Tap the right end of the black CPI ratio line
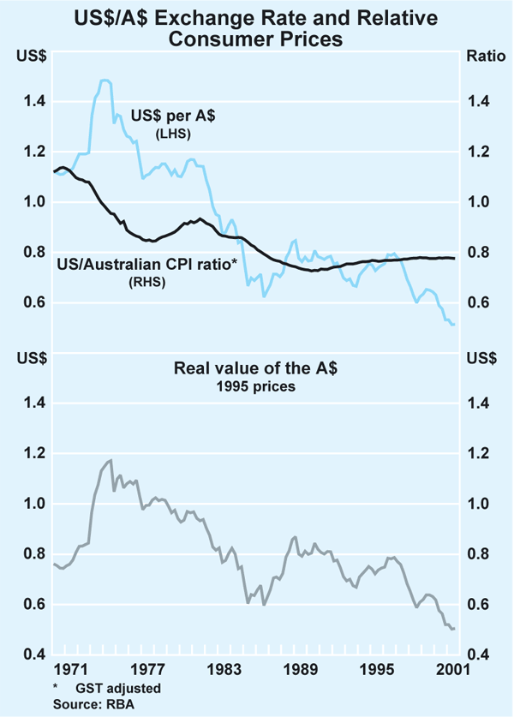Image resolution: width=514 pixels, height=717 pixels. (455, 258)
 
